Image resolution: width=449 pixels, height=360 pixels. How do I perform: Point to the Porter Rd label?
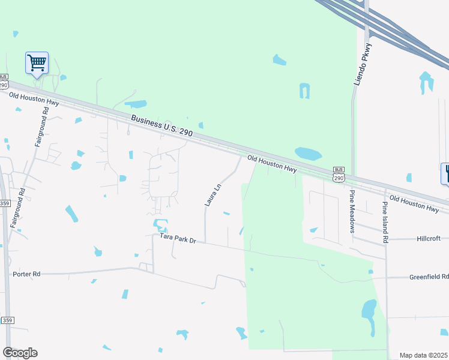(26, 274)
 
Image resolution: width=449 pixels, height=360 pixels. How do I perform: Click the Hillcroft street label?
(429, 238)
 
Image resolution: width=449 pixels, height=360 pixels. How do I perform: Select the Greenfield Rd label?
(429, 277)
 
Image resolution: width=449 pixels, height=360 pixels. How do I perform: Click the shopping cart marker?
(37, 62)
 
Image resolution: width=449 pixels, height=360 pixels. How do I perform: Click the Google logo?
(20, 353)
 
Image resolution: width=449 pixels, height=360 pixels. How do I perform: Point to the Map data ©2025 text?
(424, 355)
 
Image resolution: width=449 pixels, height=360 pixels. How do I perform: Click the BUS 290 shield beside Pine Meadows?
(339, 175)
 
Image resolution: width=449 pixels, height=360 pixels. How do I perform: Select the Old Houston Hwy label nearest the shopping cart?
(34, 100)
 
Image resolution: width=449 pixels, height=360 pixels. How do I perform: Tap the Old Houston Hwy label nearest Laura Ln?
(272, 164)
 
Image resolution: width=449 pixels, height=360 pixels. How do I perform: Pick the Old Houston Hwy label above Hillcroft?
(414, 202)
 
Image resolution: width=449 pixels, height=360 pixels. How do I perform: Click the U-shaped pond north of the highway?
(305, 91)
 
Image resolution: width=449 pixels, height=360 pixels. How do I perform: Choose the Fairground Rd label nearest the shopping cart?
(41, 128)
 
